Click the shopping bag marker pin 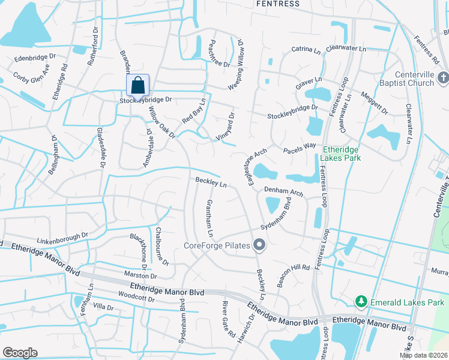(x=138, y=85)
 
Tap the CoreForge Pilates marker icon (x=259, y=244)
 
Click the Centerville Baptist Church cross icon (x=443, y=77)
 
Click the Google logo (x=20, y=353)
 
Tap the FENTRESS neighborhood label (x=277, y=4)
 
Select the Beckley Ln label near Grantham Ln (x=211, y=182)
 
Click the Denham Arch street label (x=284, y=192)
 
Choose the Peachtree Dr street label (x=216, y=54)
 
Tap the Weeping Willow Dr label (x=237, y=65)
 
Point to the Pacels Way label (x=300, y=146)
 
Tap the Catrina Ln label (x=306, y=51)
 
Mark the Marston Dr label (x=140, y=276)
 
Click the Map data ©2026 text (x=424, y=355)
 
